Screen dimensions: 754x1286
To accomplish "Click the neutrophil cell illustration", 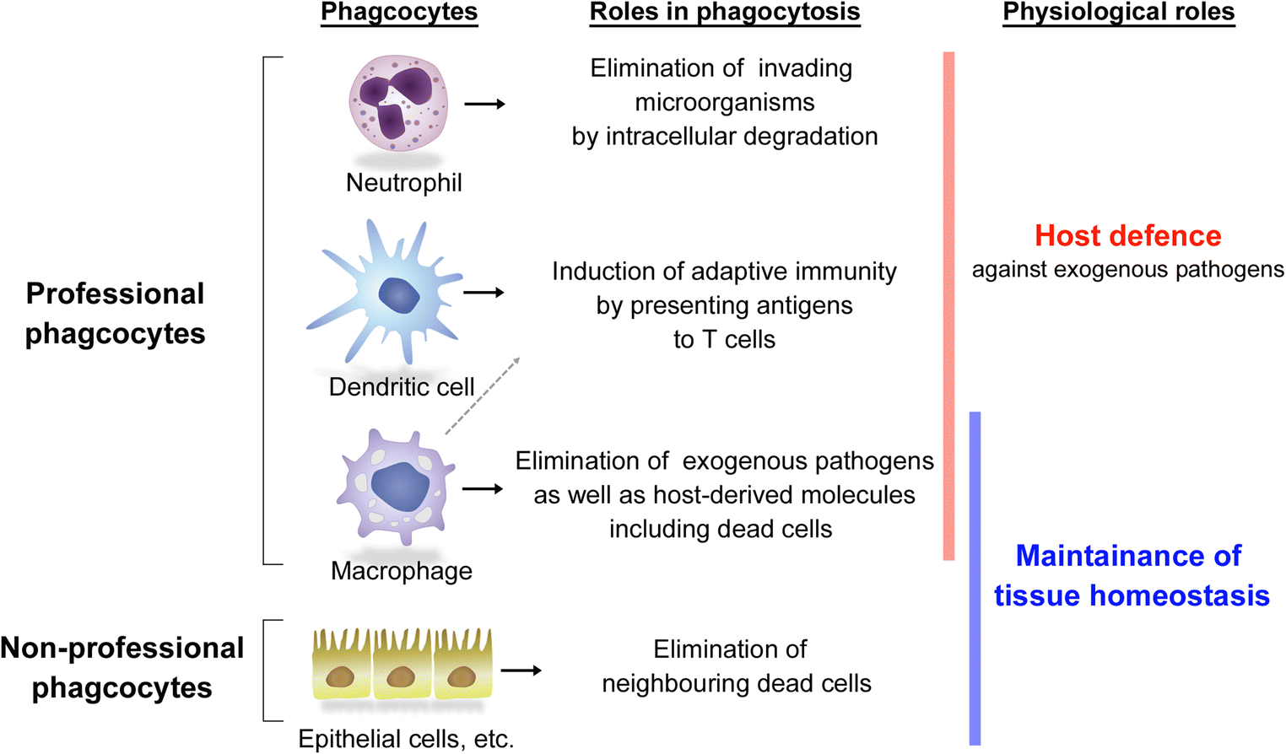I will click(398, 103).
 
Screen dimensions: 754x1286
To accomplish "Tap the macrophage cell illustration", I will click(397, 487).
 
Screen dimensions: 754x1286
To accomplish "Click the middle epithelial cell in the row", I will click(402, 666).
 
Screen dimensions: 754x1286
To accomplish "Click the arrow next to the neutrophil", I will click(485, 104).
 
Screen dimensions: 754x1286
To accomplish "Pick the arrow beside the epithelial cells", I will click(521, 671).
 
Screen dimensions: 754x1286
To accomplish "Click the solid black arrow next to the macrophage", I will click(483, 488).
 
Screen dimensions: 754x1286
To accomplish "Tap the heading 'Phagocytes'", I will click(399, 13).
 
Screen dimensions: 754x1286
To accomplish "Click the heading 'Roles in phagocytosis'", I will click(724, 13).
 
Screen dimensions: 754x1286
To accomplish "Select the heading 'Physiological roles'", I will click(1118, 13).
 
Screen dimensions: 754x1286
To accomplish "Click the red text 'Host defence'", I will click(1127, 236).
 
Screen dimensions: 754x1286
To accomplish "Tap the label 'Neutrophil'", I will click(403, 182).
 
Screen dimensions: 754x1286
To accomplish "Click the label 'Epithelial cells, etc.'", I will click(406, 739).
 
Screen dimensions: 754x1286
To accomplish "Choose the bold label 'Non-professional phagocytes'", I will click(122, 667).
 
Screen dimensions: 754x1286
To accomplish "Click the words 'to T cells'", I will click(724, 339).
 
